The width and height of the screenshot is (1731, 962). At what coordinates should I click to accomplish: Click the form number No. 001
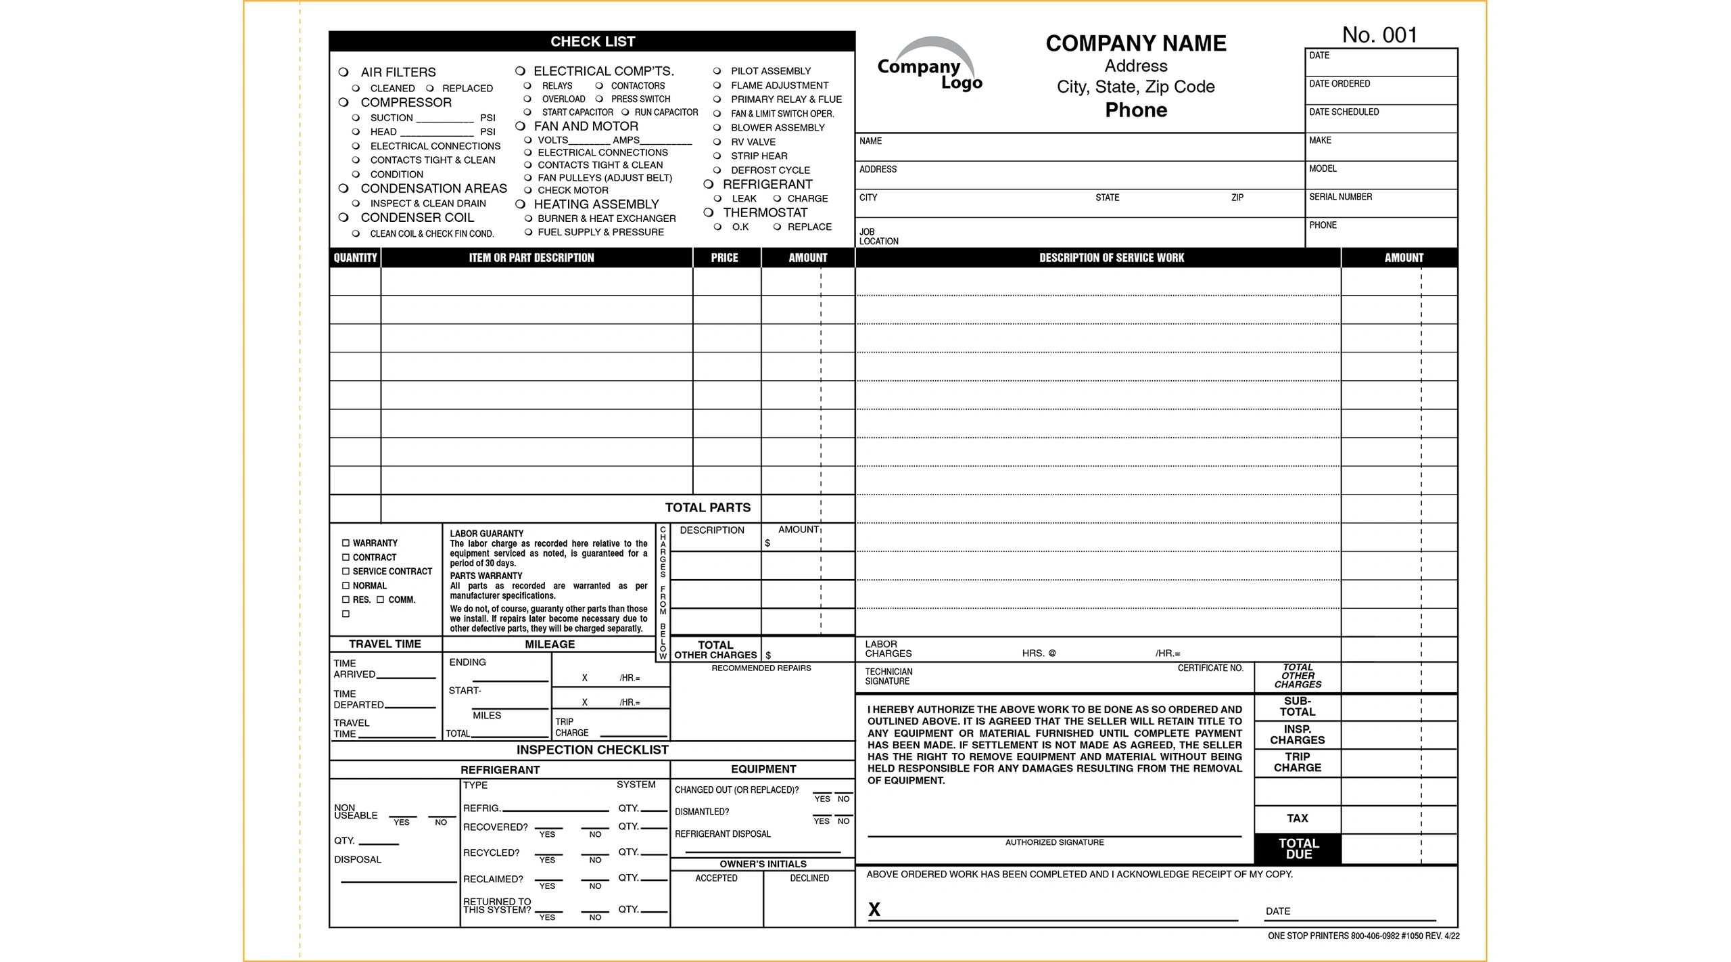point(1379,35)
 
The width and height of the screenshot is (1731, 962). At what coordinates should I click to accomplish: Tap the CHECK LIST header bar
point(592,41)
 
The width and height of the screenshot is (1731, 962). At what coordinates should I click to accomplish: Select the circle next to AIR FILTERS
point(343,72)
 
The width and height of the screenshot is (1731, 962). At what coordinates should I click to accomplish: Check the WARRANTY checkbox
point(346,543)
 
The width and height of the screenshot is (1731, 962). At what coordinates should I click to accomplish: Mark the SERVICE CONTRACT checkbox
point(346,571)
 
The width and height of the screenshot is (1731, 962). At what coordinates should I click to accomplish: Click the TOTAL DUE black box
point(1298,848)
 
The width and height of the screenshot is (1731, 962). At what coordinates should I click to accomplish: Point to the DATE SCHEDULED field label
point(1344,112)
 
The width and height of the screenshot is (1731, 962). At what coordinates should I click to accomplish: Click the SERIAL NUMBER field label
point(1340,197)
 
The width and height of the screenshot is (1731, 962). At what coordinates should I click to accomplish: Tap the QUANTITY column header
point(355,258)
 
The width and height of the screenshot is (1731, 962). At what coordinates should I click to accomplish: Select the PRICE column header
point(724,258)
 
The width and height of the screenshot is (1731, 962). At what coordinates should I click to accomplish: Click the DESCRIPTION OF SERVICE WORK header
point(1111,258)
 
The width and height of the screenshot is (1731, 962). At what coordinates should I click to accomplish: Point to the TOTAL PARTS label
point(707,507)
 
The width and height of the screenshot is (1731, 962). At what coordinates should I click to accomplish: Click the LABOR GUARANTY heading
point(486,533)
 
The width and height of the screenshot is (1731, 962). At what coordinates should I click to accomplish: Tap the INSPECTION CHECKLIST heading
point(592,750)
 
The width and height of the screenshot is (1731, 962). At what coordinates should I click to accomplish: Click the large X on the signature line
point(874,910)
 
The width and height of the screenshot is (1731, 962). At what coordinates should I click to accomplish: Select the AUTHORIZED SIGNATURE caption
point(1054,842)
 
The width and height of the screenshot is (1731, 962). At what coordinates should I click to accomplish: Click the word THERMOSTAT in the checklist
point(765,212)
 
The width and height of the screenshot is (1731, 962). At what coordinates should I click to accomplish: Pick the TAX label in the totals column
point(1297,818)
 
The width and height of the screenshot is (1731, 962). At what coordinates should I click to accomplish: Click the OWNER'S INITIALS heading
point(763,864)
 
